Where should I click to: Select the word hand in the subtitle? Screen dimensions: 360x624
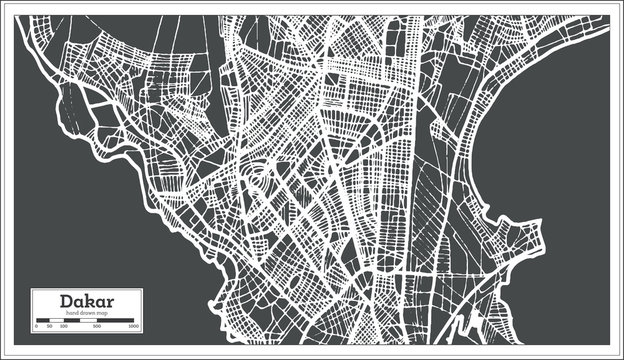point(72,314)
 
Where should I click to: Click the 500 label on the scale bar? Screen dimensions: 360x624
point(96,327)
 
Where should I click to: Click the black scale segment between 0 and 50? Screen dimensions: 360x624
point(43,321)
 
